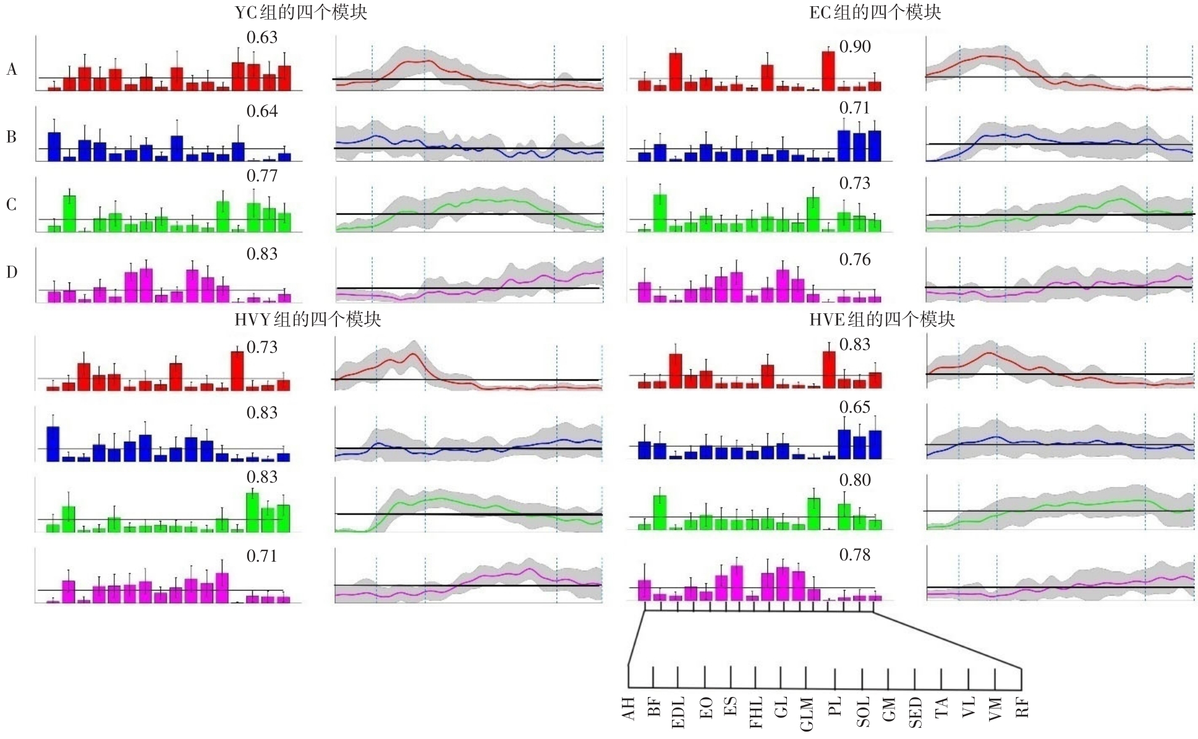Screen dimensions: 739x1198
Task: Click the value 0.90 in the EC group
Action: (x=855, y=47)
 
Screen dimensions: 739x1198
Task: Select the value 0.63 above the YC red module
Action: (x=262, y=38)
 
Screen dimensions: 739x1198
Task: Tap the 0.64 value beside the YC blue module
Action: (x=262, y=112)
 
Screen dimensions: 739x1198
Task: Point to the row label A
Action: (x=12, y=70)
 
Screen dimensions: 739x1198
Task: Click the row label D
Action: (x=12, y=272)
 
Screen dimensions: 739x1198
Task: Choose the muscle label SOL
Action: (x=863, y=712)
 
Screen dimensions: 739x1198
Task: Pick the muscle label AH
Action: (x=629, y=709)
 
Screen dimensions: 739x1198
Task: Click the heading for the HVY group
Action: (x=308, y=319)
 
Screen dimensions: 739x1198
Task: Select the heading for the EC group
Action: (x=875, y=12)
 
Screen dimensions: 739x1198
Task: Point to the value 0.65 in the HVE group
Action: (x=855, y=408)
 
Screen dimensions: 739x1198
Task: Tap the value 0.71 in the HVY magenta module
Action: (x=262, y=556)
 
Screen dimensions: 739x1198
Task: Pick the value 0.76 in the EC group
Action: (x=855, y=260)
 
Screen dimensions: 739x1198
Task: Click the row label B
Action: (x=12, y=137)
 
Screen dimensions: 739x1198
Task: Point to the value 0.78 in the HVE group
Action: (x=855, y=555)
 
